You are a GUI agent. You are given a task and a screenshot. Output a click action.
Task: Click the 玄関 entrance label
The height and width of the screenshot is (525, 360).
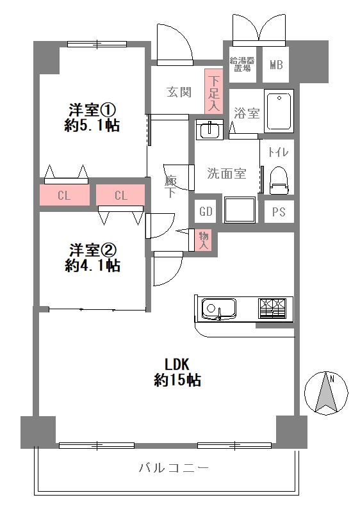pos(179,92)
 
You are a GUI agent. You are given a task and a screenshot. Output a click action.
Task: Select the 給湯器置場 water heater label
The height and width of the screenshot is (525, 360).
pos(242,64)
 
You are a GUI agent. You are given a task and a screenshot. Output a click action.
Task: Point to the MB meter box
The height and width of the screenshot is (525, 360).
pos(276,65)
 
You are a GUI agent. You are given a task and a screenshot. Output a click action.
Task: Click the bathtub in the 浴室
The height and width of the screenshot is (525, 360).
pos(279,111)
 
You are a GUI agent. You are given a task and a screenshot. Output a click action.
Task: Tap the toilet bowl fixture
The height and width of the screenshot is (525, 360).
pos(279,179)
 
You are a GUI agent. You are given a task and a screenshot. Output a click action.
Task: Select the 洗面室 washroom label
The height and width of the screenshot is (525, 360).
pos(226,172)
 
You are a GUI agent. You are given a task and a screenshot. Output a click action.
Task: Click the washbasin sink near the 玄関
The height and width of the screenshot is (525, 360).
pos(209,130)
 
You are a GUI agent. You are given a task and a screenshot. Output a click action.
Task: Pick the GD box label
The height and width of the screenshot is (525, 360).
pos(206,212)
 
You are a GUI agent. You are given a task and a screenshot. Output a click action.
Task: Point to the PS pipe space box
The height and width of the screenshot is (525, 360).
pos(279,212)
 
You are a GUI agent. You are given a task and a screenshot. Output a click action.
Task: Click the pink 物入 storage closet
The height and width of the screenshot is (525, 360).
pos(204,240)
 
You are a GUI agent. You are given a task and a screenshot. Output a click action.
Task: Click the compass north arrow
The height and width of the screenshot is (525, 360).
pos(327,392)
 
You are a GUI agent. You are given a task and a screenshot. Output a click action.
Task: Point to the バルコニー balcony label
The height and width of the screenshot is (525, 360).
pos(174,468)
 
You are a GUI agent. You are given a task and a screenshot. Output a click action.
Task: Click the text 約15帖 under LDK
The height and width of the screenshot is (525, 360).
pos(177,380)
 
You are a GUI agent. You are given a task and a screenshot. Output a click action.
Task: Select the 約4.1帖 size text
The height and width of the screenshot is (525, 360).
pos(92,266)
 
